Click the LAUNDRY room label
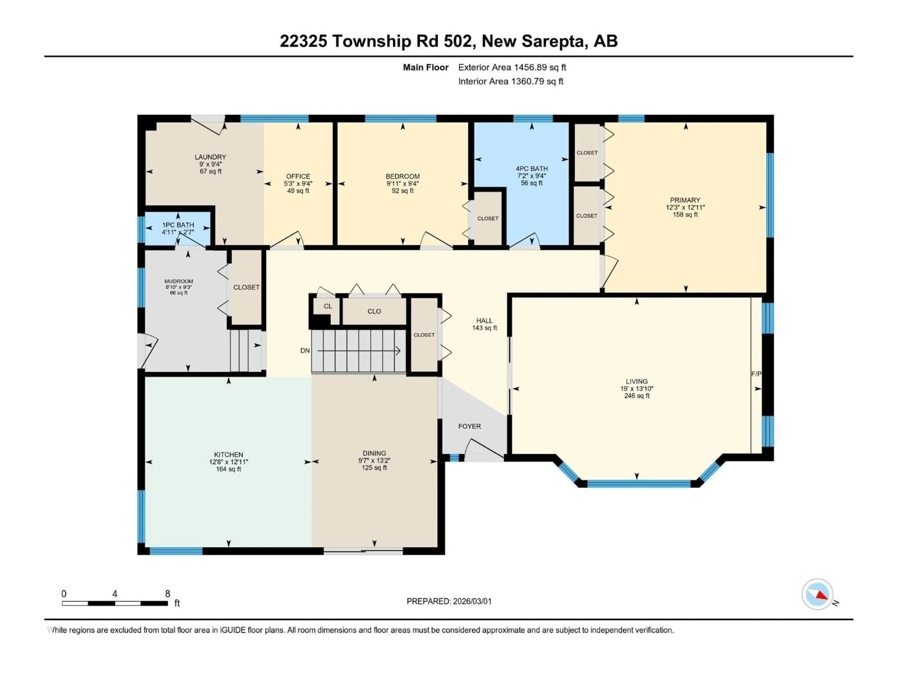point(210,157)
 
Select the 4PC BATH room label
point(531,168)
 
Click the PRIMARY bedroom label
point(685,200)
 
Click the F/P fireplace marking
point(756,374)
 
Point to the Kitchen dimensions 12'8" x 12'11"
point(228,462)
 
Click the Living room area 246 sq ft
point(637,396)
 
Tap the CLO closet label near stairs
point(374,311)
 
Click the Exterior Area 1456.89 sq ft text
point(512,67)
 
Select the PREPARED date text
point(449,601)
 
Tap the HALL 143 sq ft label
point(484,324)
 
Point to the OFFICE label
point(298,176)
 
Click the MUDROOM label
point(179,281)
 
